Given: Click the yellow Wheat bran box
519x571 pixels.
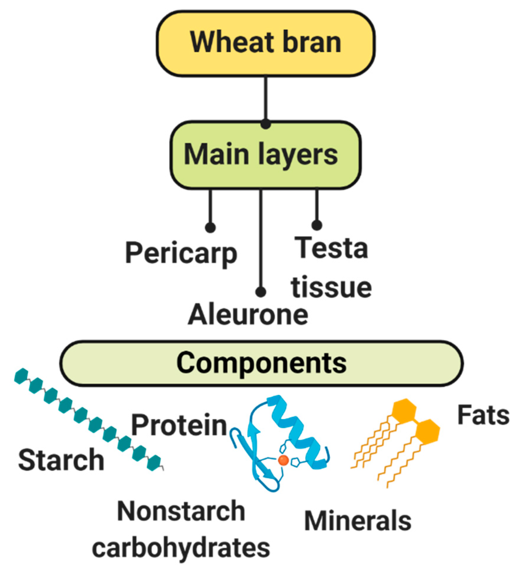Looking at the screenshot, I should (266, 43).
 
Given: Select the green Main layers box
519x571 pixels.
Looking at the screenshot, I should (266, 155).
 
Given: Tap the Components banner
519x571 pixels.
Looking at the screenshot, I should (261, 363).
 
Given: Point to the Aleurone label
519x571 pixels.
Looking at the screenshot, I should (248, 315).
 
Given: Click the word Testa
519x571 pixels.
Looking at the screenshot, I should (331, 248).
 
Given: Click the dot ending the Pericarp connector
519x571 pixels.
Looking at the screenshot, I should (210, 228).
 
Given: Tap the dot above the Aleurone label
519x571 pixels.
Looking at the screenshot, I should (261, 292).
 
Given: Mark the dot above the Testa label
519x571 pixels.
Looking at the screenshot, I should (317, 225).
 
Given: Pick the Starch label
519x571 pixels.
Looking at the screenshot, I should (61, 460).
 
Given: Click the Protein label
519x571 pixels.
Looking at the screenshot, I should (179, 425).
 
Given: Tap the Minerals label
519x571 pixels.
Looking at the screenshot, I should (357, 521).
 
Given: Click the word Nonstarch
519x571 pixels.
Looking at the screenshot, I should (181, 511).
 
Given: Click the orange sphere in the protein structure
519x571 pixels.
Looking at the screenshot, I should (283, 460).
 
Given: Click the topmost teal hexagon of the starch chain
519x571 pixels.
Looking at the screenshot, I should (21, 376).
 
